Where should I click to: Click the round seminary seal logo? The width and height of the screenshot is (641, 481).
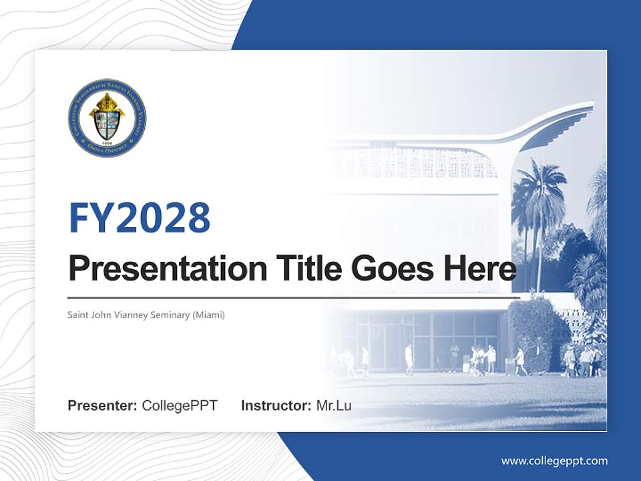point(107,118)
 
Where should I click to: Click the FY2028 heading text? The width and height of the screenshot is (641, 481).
point(140,218)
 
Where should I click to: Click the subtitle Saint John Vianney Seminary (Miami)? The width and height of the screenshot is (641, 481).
point(146,315)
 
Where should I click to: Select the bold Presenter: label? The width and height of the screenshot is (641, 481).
point(103,406)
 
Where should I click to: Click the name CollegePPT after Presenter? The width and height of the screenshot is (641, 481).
point(180,406)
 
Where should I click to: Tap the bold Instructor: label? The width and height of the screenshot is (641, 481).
point(276,406)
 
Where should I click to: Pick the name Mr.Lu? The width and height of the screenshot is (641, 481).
point(334,406)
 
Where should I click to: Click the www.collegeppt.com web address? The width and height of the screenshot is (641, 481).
point(554,461)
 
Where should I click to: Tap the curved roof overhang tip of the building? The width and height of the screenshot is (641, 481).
point(588,107)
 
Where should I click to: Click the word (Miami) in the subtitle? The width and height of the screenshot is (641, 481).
point(209,315)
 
